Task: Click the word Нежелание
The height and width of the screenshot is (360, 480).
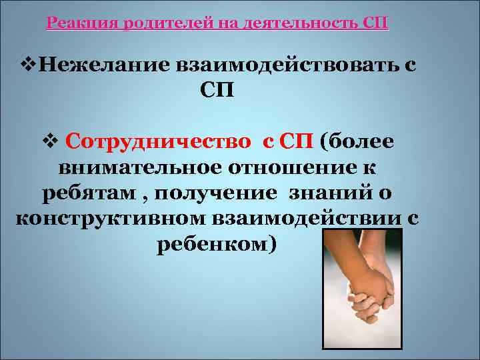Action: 100,66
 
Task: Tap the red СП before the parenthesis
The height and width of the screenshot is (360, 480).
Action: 297,143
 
